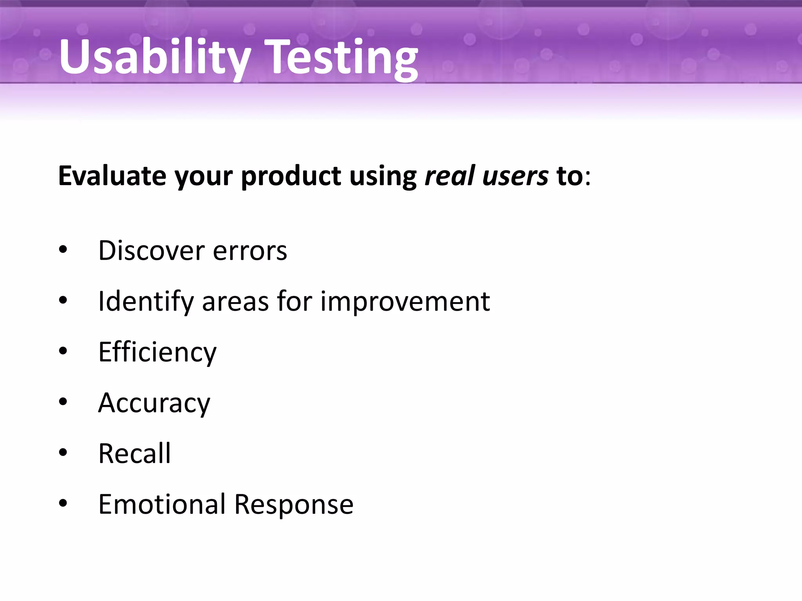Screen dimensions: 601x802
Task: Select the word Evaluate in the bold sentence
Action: pyautogui.click(x=112, y=176)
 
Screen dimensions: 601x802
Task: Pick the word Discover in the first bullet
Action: pyautogui.click(x=151, y=250)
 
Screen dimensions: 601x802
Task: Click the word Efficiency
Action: pyautogui.click(x=157, y=352)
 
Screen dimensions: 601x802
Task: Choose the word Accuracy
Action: pyautogui.click(x=154, y=403)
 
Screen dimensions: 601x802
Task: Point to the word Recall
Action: pyautogui.click(x=134, y=453)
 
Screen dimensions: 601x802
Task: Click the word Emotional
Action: pyautogui.click(x=162, y=504)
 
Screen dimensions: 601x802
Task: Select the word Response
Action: pyautogui.click(x=294, y=505)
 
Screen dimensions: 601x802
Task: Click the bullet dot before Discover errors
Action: pyautogui.click(x=63, y=250)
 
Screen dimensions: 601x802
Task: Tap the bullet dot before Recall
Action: pyautogui.click(x=63, y=453)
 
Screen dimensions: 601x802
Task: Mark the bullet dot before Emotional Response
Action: pyautogui.click(x=63, y=504)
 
